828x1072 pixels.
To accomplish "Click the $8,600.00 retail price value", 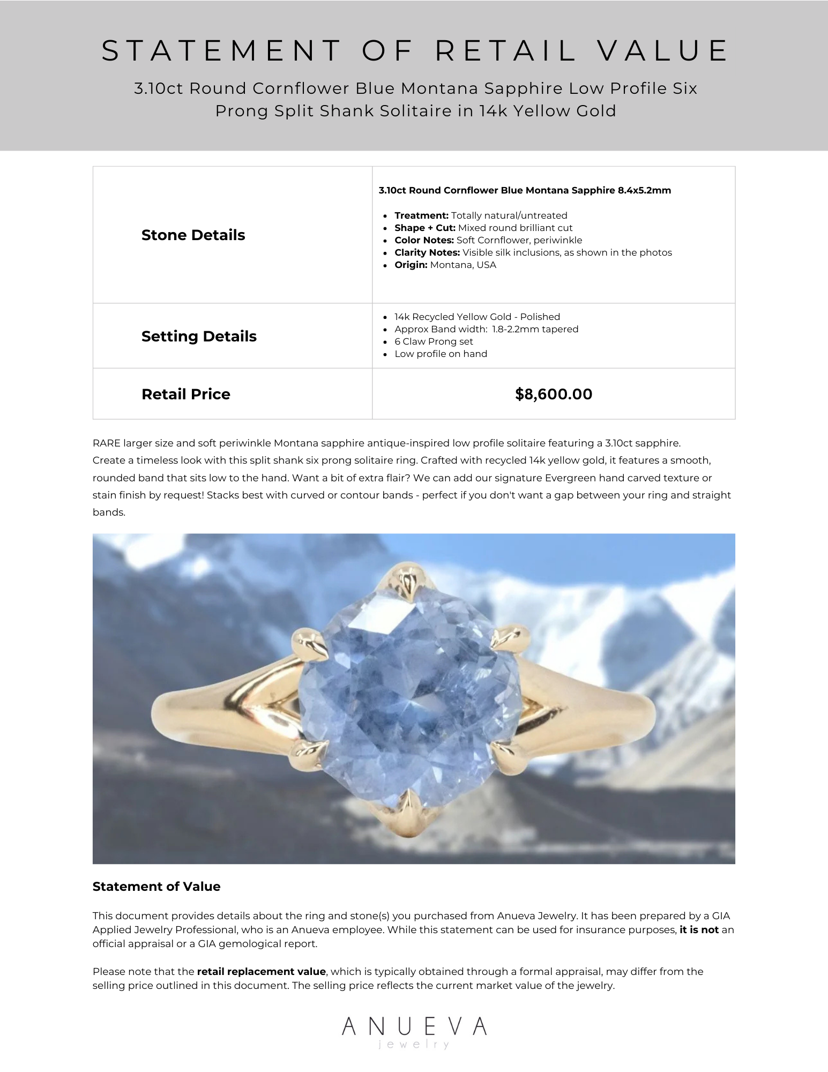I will click(553, 394).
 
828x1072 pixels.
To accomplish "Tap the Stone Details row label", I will click(193, 235).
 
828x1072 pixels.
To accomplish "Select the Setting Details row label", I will click(199, 337).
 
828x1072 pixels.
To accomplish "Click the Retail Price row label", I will click(185, 394).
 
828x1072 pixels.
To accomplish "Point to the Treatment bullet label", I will click(421, 215).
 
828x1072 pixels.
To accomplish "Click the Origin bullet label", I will click(411, 265).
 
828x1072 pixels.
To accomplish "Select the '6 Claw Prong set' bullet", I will click(434, 341).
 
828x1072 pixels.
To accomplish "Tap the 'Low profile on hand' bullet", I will click(441, 354).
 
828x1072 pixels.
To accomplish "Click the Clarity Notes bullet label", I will click(427, 252).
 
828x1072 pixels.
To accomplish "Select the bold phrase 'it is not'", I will click(699, 930).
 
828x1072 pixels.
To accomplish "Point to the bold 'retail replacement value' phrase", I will click(261, 972).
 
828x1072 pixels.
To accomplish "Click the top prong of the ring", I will click(407, 581).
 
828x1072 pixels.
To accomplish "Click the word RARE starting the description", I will click(107, 443).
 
